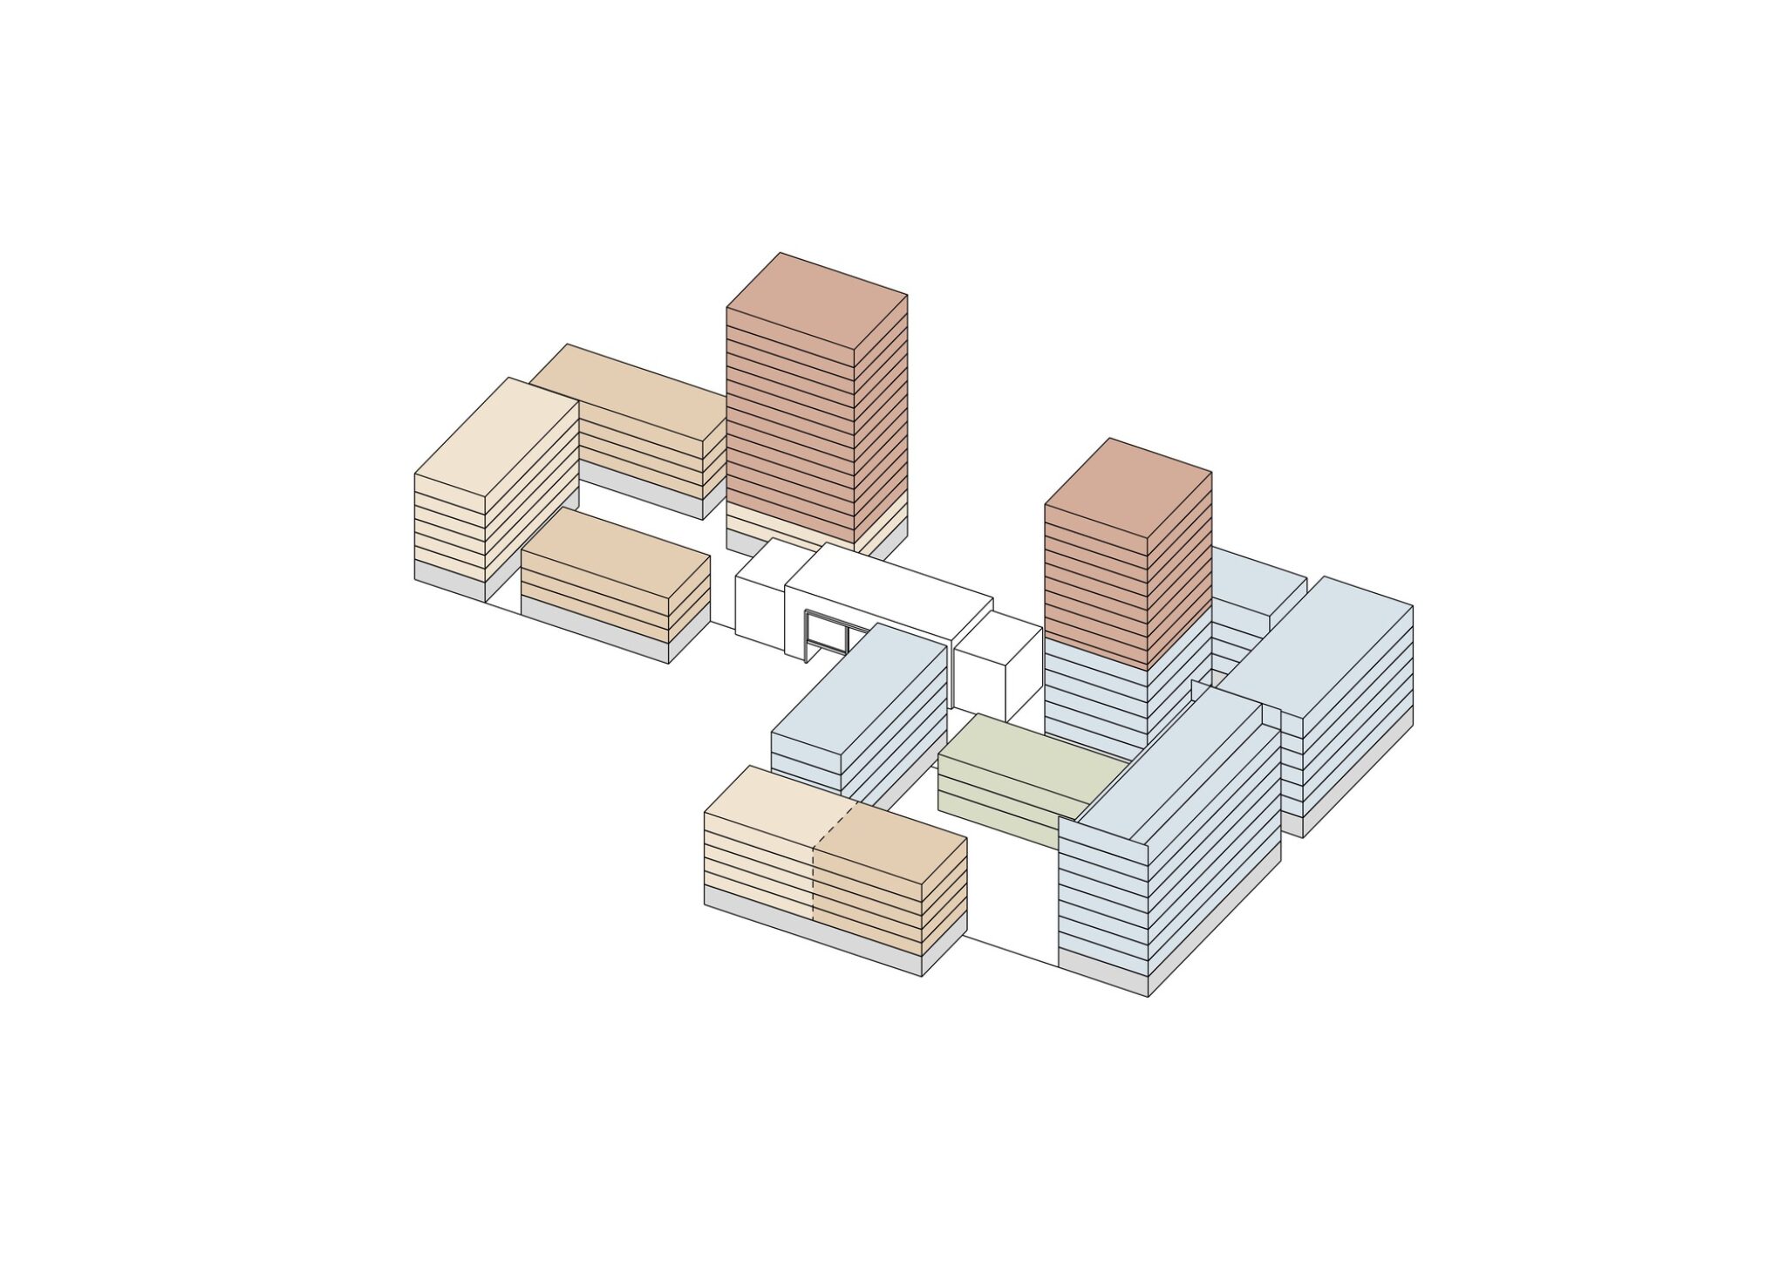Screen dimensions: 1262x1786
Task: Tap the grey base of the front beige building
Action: pyautogui.click(x=811, y=933)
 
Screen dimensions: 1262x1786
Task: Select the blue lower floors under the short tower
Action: pyautogui.click(x=1094, y=698)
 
